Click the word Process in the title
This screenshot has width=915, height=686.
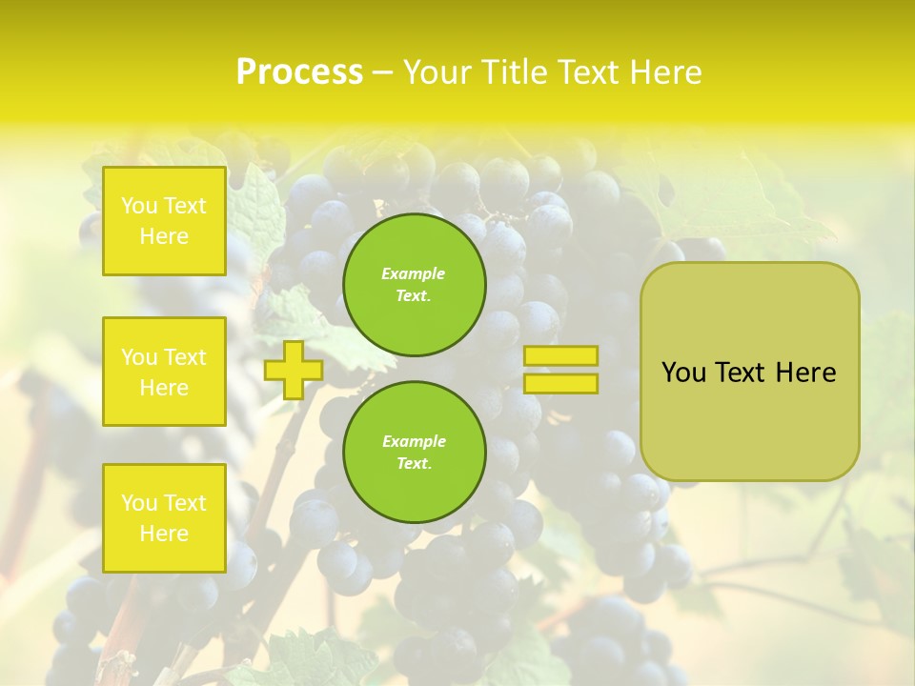(299, 72)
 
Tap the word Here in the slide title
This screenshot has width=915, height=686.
(663, 72)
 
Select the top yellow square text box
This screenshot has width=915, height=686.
(164, 221)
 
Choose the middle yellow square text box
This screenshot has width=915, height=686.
(164, 372)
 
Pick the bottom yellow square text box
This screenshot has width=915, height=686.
(164, 517)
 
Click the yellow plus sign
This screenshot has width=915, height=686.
(293, 370)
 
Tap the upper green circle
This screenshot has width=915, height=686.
(414, 285)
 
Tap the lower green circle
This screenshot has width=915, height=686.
(414, 453)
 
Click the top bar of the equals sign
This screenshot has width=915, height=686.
(561, 356)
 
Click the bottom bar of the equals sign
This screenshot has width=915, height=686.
(561, 383)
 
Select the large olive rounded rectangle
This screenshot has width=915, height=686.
(749, 419)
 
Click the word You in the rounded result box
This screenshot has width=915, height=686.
(683, 373)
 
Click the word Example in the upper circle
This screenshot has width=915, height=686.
(414, 273)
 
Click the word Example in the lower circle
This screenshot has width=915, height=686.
(414, 441)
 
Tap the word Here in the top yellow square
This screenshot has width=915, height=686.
(164, 236)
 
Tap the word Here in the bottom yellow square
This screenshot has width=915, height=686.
(164, 534)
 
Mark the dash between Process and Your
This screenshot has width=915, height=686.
(382, 72)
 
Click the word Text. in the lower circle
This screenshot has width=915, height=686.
(414, 464)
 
